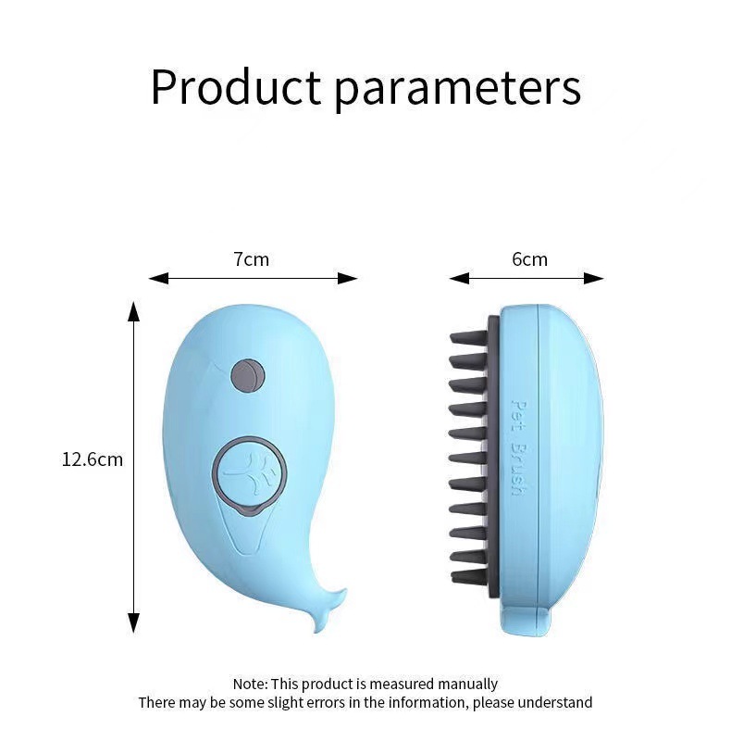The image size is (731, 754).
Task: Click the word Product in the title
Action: coord(236,87)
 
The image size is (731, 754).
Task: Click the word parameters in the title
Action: coord(457,89)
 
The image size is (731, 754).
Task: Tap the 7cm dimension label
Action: coord(252,259)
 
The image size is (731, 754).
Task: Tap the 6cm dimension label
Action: coord(529,259)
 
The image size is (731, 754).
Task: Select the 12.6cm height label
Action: coord(93,459)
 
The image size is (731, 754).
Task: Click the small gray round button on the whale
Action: coord(247,374)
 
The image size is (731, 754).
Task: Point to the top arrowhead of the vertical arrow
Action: coord(133,310)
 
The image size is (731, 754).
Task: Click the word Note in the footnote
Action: coord(248,685)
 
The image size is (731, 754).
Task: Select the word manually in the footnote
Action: coord(466,685)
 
